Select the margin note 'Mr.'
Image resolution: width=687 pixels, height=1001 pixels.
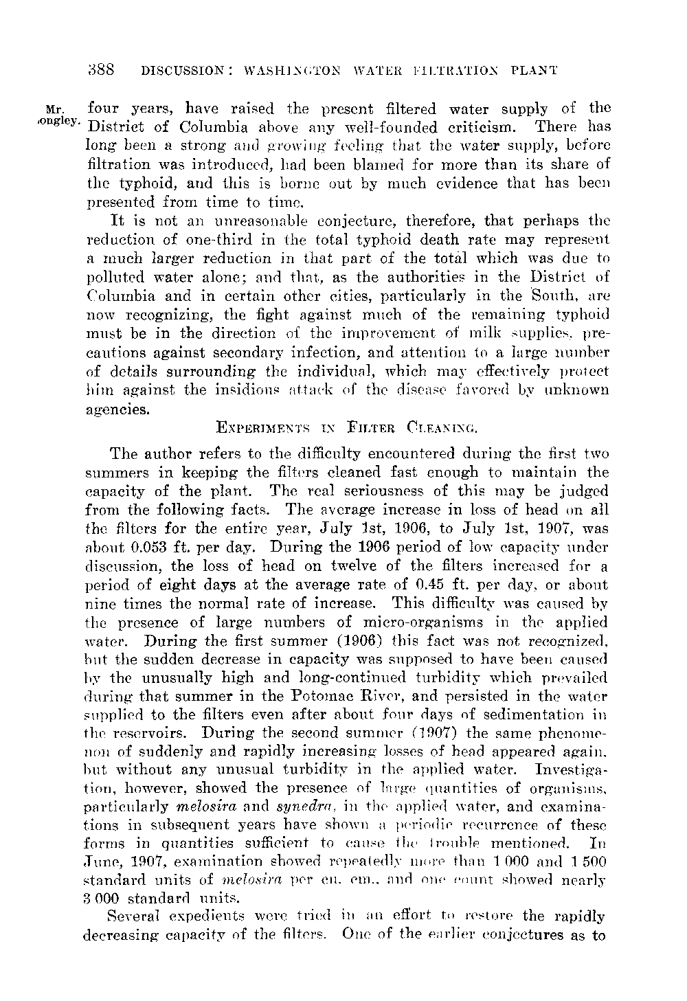[x=52, y=109]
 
